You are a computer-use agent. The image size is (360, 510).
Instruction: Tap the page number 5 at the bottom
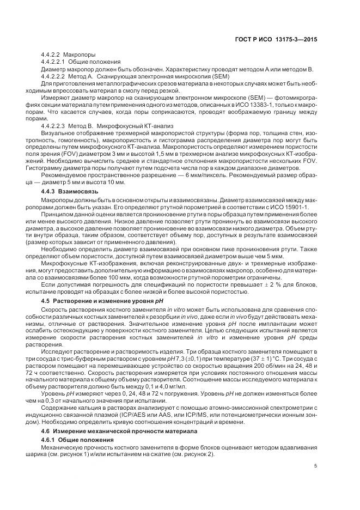316,466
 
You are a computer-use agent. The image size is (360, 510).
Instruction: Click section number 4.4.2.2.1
53,63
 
